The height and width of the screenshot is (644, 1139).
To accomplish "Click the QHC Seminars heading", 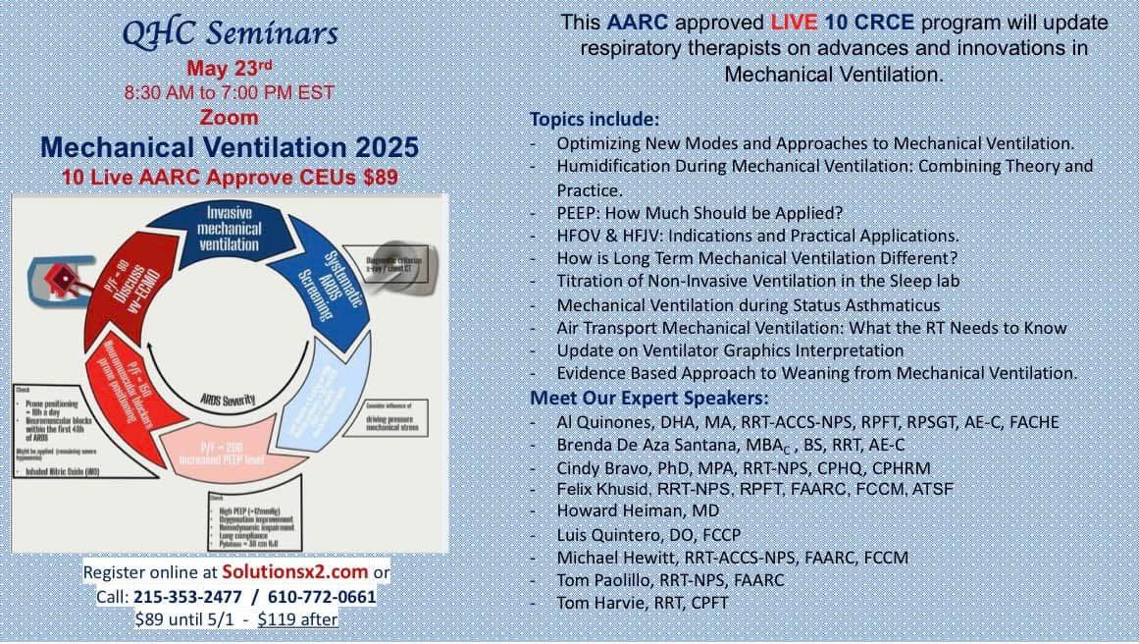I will click(230, 32).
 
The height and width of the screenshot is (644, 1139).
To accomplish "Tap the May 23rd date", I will click(229, 69).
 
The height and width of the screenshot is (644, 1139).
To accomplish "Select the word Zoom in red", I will click(230, 117).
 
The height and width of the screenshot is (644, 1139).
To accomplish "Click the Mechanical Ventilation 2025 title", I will click(230, 147).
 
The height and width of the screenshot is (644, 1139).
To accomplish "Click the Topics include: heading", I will click(595, 119).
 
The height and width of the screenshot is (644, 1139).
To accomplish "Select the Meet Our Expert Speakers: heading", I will click(649, 398).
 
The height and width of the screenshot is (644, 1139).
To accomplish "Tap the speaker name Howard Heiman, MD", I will click(637, 510).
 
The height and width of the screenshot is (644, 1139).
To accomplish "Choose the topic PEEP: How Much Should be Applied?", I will click(699, 212).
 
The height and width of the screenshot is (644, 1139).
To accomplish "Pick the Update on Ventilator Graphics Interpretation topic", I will click(730, 350).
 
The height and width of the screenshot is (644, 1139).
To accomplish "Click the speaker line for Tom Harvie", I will click(642, 603).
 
